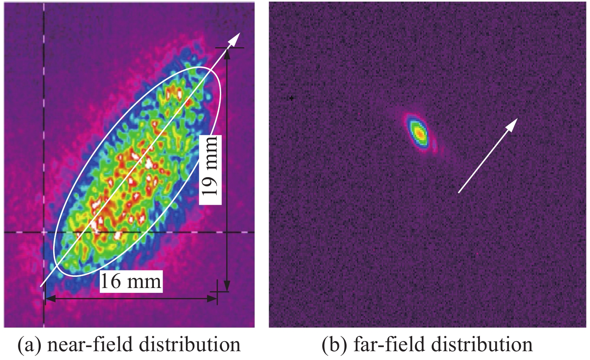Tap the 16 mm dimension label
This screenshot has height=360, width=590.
point(131,281)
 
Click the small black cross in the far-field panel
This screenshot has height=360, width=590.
point(292,98)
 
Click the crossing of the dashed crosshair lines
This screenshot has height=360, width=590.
point(44,232)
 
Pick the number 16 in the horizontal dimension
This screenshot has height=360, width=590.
point(111,281)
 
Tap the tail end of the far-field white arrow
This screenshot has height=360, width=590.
point(458,192)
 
